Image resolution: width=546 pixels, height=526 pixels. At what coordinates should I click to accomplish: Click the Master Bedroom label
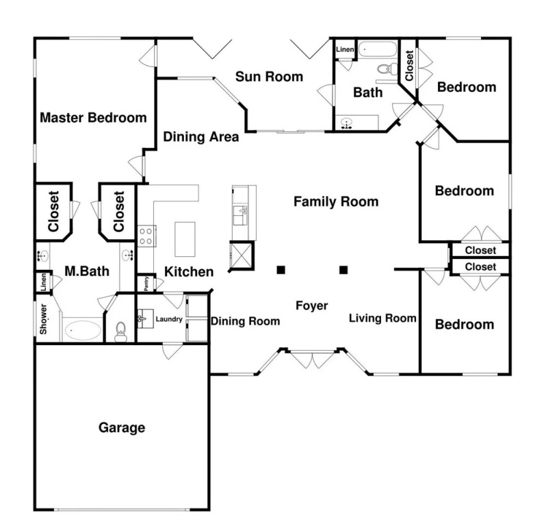point(93,118)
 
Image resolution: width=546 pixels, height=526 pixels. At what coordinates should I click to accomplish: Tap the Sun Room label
point(269,77)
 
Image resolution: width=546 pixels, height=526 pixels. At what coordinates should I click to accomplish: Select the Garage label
point(122,427)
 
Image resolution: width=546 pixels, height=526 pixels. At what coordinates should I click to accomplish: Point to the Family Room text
point(336,201)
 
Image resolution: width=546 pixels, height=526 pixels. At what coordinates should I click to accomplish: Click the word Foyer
point(311,305)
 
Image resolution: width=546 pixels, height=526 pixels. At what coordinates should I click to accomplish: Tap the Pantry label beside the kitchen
point(146,284)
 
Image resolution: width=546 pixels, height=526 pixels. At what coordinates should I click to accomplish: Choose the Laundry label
point(169,319)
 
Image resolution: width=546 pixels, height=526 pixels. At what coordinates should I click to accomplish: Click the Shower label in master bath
point(43,319)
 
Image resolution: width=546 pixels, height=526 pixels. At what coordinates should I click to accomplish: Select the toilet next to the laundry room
point(120,331)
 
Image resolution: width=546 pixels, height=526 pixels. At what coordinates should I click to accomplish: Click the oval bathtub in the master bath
point(83,329)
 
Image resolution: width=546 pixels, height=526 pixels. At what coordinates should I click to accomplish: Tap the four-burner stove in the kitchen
point(146,236)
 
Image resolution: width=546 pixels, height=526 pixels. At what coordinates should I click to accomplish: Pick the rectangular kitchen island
point(185,239)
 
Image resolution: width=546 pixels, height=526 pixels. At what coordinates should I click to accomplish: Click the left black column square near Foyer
point(281,270)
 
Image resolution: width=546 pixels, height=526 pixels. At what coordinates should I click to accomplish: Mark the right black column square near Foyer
point(343,270)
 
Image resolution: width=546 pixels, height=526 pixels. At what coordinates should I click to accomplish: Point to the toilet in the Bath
point(387,68)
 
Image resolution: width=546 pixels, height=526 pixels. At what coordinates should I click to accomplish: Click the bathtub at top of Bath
point(378,49)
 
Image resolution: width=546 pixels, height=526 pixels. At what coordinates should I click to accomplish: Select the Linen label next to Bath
point(345,49)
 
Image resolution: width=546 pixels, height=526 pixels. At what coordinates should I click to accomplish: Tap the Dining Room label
point(245,321)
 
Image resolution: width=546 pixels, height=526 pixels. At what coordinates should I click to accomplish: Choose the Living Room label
point(382,318)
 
